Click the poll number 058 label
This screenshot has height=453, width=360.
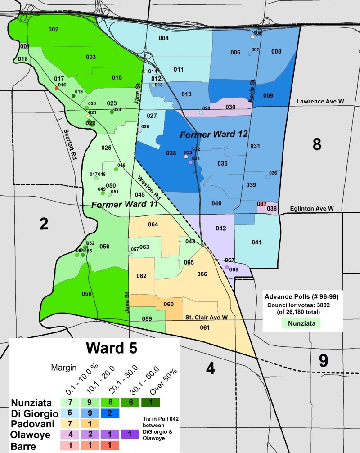[x=87, y=294]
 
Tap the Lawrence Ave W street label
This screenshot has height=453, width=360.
[x=319, y=102]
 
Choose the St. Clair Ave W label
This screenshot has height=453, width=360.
[x=205, y=318]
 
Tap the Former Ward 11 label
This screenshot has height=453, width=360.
[x=124, y=205]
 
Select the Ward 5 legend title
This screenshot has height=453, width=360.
[x=95, y=349]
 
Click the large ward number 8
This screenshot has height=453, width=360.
[x=317, y=145]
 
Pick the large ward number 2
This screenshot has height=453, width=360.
[x=44, y=224]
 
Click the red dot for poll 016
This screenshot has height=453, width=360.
[x=56, y=89]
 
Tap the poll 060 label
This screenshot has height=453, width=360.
[x=169, y=305]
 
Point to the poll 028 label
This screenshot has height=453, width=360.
[x=171, y=153]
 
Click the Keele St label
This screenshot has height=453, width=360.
[x=252, y=83]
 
